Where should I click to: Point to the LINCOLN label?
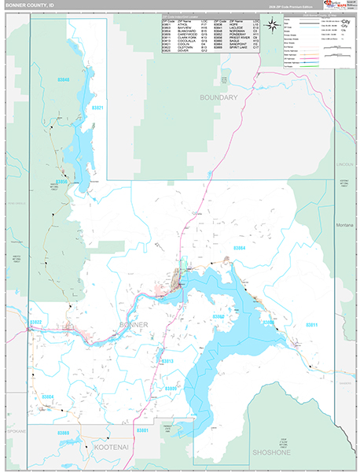click(344, 164)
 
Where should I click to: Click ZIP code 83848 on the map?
click(64, 80)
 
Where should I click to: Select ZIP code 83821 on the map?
click(96, 108)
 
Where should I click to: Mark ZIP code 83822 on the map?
click(36, 321)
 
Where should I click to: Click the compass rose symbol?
click(271, 24)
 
